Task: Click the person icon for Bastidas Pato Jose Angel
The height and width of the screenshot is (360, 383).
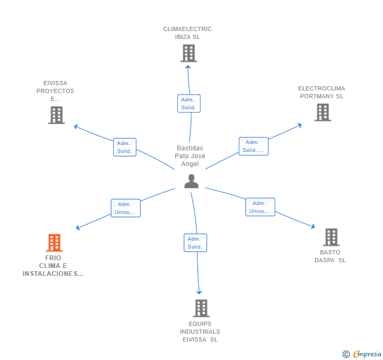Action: [191, 181]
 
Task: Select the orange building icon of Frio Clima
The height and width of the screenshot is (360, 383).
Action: [54, 243]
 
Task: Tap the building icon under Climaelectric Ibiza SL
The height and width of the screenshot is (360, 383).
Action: [189, 53]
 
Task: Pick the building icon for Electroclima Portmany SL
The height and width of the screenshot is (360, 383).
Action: [322, 112]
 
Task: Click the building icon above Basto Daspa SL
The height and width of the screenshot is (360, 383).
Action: [331, 237]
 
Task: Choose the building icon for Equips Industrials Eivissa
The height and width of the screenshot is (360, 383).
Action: [201, 308]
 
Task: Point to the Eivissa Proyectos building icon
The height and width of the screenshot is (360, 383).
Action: [56, 115]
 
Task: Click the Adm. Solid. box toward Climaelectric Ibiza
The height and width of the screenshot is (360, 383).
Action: [189, 104]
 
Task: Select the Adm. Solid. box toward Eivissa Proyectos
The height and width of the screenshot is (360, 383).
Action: [125, 147]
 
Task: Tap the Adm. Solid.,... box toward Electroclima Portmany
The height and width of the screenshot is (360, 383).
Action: [254, 146]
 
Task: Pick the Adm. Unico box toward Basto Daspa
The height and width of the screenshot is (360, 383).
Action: [260, 207]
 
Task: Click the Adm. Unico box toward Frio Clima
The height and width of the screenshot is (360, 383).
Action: [126, 208]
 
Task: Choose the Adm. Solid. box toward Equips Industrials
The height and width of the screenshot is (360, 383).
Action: [195, 243]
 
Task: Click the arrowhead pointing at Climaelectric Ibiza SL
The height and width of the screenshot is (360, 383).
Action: [188, 67]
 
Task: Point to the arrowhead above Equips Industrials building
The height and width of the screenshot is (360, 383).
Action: [199, 292]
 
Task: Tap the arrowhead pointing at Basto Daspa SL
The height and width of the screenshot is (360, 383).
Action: [313, 227]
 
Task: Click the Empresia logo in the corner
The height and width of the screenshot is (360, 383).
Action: [362, 354]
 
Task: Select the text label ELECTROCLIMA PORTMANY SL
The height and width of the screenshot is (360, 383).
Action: [321, 92]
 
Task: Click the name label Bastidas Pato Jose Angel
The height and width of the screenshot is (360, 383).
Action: [190, 156]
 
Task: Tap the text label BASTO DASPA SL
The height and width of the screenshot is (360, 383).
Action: [330, 256]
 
